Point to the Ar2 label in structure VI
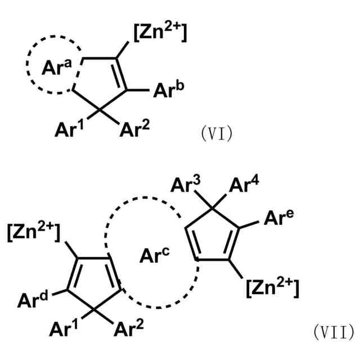135,130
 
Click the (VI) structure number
216,134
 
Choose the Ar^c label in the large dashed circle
153,256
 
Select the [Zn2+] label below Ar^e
272,289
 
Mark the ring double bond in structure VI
121,74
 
